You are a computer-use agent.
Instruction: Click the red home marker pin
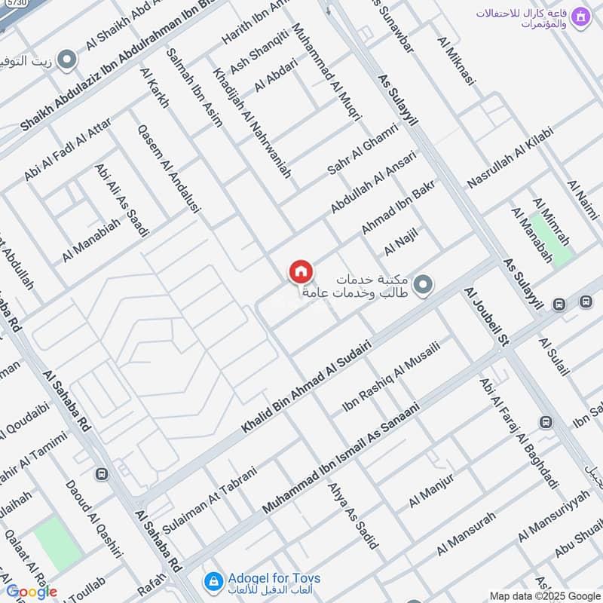(300, 272)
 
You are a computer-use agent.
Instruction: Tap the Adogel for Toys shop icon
(213, 581)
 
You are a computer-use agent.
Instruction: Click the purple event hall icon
(580, 17)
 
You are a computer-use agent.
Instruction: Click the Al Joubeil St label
(483, 317)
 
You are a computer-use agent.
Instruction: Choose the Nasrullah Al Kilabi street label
(510, 158)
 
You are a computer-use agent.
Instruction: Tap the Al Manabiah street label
(91, 240)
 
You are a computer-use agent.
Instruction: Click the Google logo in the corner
(31, 591)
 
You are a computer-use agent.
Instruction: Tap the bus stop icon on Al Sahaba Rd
(102, 474)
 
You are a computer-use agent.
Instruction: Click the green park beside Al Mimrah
(552, 240)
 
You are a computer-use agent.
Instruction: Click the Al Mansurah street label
(467, 533)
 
